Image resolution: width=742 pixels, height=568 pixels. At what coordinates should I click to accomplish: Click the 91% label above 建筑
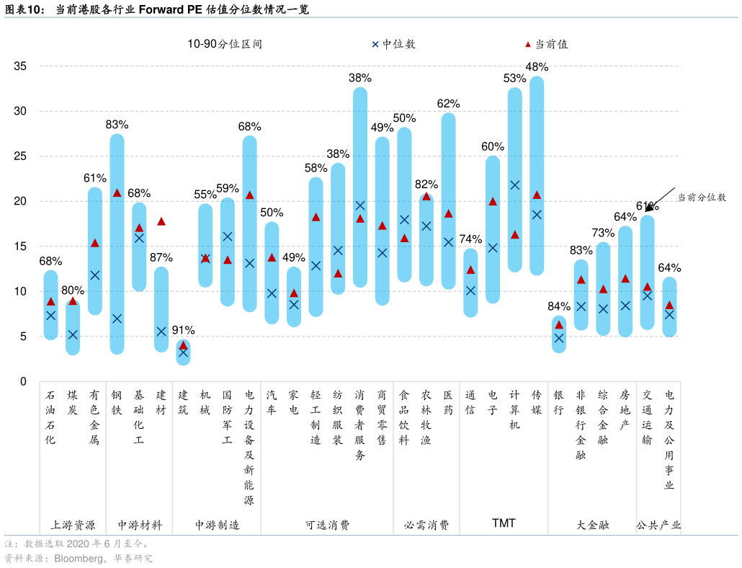click(183, 330)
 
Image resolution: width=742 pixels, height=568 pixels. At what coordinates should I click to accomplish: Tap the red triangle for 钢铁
click(117, 192)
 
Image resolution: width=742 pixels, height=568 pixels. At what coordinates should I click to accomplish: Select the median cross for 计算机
click(514, 185)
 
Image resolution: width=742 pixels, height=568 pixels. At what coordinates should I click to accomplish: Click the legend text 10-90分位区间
click(225, 44)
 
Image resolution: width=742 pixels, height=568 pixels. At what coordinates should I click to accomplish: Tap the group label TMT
click(504, 523)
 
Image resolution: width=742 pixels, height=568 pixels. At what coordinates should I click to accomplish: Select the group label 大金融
click(592, 525)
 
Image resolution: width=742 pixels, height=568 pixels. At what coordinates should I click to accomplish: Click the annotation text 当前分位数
click(701, 196)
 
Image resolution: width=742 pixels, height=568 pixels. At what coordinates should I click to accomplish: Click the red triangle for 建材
click(161, 221)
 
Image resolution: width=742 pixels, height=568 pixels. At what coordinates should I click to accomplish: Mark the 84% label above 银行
click(559, 306)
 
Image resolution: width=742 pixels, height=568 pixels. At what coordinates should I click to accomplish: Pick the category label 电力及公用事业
click(669, 440)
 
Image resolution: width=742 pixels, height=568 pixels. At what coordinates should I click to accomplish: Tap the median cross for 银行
click(559, 338)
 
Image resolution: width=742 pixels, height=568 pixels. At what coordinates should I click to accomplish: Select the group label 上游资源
click(73, 525)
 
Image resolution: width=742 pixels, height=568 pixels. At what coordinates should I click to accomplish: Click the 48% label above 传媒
click(537, 67)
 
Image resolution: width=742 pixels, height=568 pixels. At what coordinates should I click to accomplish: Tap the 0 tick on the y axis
click(23, 381)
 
